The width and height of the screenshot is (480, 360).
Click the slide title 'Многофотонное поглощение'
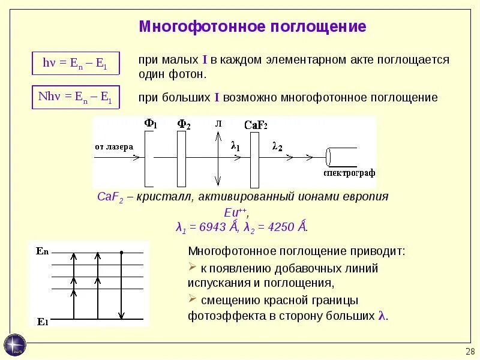click(253, 27)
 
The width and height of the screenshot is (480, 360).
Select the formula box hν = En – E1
click(76, 64)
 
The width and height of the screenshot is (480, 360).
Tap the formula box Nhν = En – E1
click(76, 97)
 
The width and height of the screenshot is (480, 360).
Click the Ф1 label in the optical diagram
click(150, 124)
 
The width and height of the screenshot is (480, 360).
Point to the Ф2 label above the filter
click(184, 124)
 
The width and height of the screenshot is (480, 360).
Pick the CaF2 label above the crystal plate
click(256, 125)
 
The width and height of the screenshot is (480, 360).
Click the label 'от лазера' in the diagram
click(114, 147)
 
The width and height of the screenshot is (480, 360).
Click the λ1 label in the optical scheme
click(235, 146)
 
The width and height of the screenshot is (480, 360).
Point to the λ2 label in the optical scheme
click(277, 146)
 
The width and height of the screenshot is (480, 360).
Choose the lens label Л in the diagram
click(218, 123)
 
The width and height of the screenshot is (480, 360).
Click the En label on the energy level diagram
click(42, 251)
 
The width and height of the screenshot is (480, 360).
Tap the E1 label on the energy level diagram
click(42, 322)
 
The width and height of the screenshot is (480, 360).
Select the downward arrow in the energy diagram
click(121, 285)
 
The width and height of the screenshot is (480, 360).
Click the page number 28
click(470, 351)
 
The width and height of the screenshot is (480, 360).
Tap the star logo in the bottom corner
click(14, 344)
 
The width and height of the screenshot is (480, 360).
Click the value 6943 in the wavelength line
click(212, 227)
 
